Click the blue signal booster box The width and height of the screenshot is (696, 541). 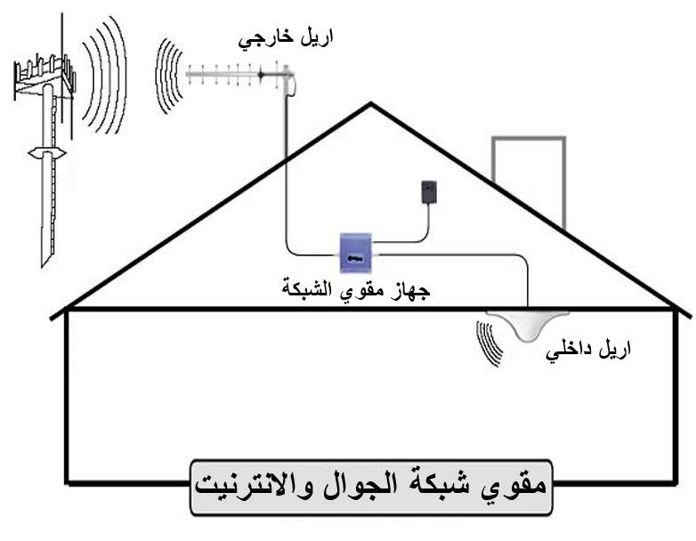355,253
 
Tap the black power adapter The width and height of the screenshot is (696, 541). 429,191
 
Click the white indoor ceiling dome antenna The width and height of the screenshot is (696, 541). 528,325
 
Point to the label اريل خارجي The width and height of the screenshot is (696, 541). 286,39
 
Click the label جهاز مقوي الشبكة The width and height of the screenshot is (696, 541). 356,290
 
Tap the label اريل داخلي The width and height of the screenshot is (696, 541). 588,351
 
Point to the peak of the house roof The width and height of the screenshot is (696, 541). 370,103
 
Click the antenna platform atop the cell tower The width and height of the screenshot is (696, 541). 44,75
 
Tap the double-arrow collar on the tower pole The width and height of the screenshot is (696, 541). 47,154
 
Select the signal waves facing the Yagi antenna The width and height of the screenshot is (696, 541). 169,76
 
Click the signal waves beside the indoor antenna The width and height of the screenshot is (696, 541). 490,343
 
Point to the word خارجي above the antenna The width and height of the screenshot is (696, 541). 264,40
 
